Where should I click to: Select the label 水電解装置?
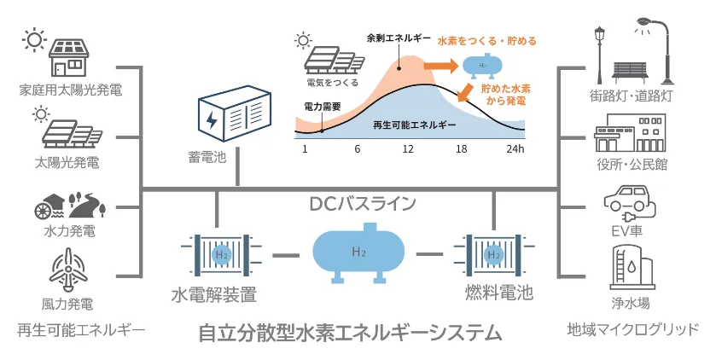[x=213, y=295]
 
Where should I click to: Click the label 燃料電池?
[x=499, y=294]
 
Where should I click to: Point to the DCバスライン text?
[x=363, y=204]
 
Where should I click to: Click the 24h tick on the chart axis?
[x=515, y=148]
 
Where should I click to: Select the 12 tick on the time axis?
[x=408, y=148]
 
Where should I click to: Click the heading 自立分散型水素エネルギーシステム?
[x=350, y=333]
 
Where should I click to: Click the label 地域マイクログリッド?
[x=633, y=329]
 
